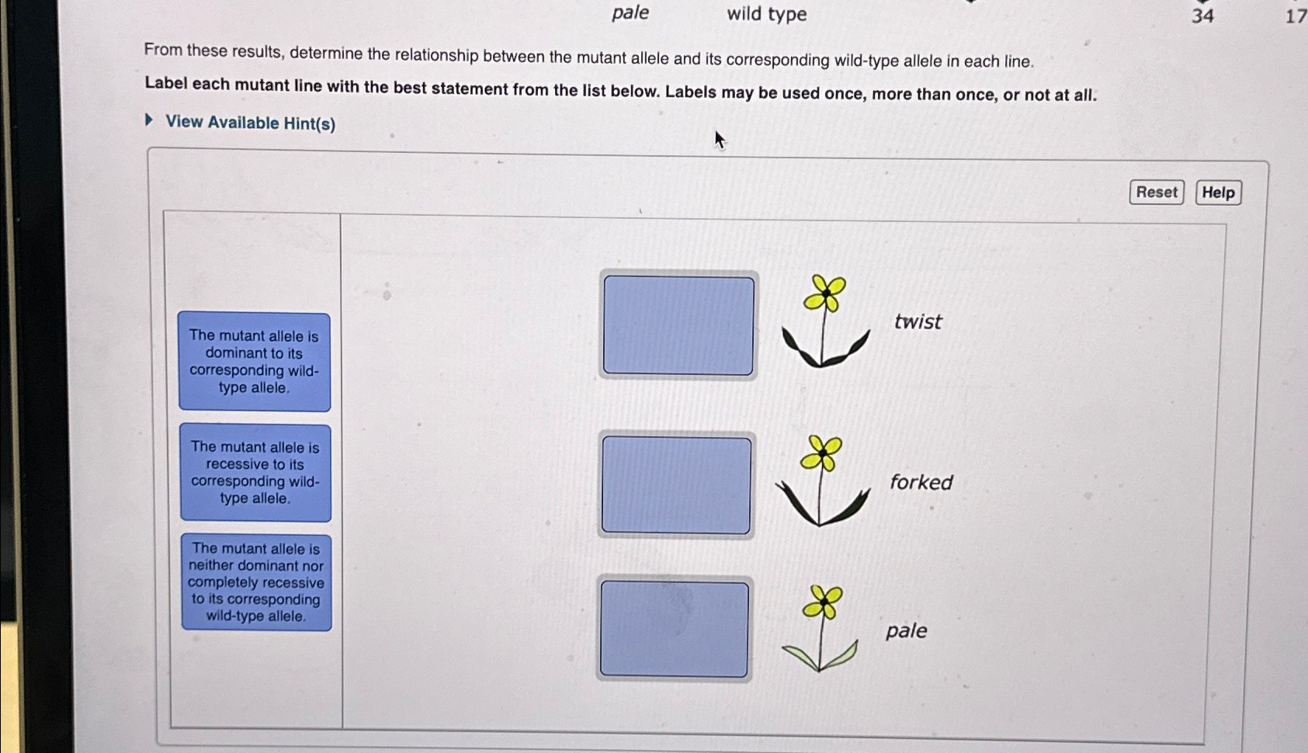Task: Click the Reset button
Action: [x=1156, y=193]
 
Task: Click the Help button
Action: [x=1218, y=193]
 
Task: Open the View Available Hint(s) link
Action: [x=250, y=123]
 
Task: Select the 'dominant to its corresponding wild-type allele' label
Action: [x=255, y=362]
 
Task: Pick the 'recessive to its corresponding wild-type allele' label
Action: [x=255, y=473]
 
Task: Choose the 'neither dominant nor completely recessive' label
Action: [x=256, y=582]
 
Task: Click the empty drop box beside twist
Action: [x=678, y=325]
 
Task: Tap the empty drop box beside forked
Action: [x=676, y=485]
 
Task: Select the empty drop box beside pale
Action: [x=675, y=629]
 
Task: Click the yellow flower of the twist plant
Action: [x=824, y=293]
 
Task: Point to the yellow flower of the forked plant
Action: [x=821, y=453]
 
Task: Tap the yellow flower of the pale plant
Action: [x=822, y=601]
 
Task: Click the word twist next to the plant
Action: [x=918, y=321]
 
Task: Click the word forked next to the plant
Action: [x=921, y=482]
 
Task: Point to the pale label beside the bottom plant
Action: [x=906, y=631]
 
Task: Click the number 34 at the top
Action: [x=1203, y=16]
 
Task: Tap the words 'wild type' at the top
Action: [x=767, y=13]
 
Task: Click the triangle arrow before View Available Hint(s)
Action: [x=149, y=120]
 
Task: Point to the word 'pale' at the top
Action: [x=630, y=13]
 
